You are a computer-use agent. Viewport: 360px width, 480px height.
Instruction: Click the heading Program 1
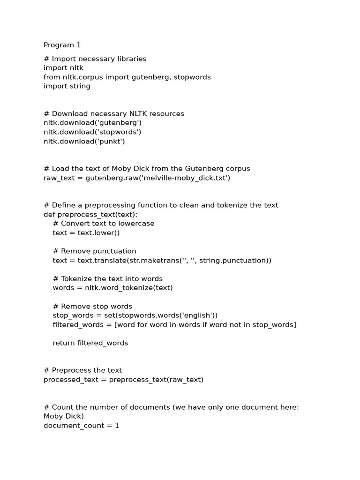62,45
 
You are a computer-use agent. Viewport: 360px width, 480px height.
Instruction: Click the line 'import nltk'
63,68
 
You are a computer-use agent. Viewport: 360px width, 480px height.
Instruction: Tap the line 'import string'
67,86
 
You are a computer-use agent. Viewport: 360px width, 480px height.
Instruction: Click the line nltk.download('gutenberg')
92,123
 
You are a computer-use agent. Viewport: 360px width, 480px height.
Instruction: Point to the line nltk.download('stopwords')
92,132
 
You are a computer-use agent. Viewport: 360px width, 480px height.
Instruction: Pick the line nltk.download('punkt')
84,141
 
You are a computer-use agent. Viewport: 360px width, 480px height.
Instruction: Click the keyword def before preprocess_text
49,214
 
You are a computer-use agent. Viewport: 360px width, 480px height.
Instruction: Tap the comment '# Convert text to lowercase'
104,224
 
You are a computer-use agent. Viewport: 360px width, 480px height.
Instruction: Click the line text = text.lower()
86,232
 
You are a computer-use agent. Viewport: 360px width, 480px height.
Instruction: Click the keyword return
64,343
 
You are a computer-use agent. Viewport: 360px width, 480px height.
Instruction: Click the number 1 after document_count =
117,426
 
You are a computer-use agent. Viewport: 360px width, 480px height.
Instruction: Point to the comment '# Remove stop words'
92,307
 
